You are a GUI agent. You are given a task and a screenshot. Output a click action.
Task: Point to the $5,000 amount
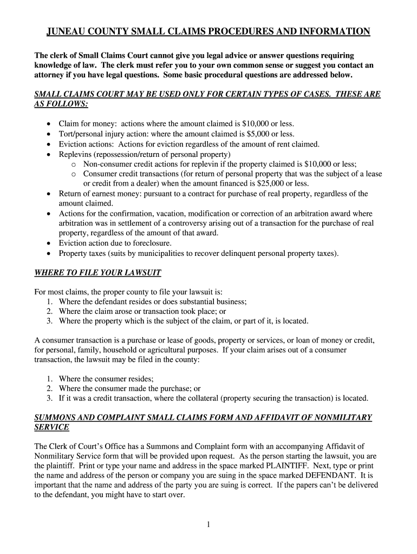tap(253, 134)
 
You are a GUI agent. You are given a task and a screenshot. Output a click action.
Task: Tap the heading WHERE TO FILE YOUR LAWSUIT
tap(97, 273)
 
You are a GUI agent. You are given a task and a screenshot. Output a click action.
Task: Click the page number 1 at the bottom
tap(208, 524)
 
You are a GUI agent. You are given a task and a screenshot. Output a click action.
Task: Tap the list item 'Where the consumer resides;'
tap(106, 379)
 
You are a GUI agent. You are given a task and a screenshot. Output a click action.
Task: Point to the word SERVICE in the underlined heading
tap(51, 427)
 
